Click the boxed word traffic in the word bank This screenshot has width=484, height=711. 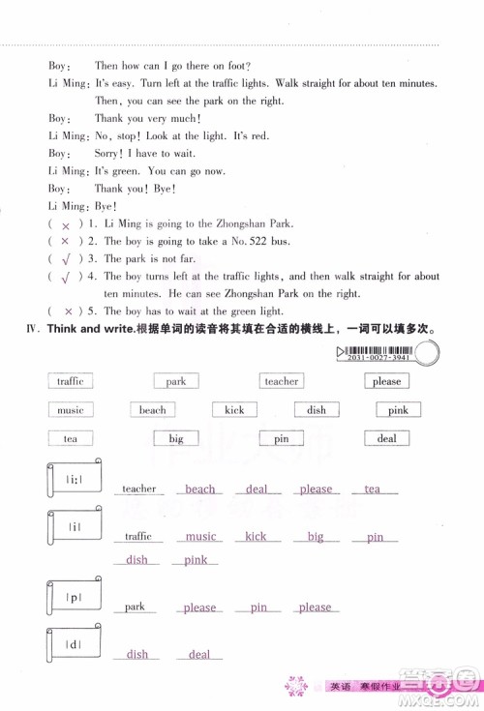(70, 381)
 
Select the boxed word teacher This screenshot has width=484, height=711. (282, 381)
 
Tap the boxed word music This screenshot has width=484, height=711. (70, 410)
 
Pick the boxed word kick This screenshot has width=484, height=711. (234, 410)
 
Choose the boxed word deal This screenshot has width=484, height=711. (386, 438)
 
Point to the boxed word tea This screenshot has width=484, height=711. (70, 438)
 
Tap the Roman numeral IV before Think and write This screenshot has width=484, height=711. (32, 330)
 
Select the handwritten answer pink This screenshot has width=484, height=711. (196, 560)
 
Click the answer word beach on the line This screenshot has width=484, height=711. (200, 489)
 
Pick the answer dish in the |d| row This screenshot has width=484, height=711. (137, 655)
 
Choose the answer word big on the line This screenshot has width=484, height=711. (316, 537)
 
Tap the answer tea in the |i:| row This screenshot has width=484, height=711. (373, 489)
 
